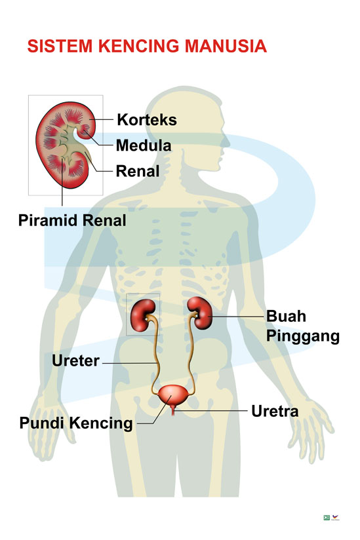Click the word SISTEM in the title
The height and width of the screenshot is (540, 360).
pyautogui.click(x=60, y=46)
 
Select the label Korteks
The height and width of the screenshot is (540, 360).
pyautogui.click(x=147, y=120)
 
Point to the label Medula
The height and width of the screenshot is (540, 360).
pyautogui.click(x=144, y=145)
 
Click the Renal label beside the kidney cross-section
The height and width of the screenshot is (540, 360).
pyautogui.click(x=138, y=171)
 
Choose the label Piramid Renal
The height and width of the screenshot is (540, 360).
pyautogui.click(x=72, y=220)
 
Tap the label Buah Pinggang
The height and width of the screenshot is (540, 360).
pyautogui.click(x=303, y=326)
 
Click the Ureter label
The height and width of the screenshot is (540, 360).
pyautogui.click(x=76, y=360)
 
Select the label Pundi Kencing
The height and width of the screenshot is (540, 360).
pyautogui.click(x=76, y=423)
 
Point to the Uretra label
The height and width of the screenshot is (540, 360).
pyautogui.click(x=275, y=411)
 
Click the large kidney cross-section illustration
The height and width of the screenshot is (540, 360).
pyautogui.click(x=66, y=145)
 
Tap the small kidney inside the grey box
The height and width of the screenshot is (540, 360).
pyautogui.click(x=143, y=315)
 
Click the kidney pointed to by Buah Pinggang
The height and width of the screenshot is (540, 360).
pyautogui.click(x=200, y=313)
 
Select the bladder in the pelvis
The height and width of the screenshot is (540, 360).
pyautogui.click(x=173, y=395)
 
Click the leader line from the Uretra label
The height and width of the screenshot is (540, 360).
pyautogui.click(x=211, y=410)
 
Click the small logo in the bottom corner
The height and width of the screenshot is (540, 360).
pyautogui.click(x=331, y=517)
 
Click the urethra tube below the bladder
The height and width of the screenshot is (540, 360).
pyautogui.click(x=173, y=410)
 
